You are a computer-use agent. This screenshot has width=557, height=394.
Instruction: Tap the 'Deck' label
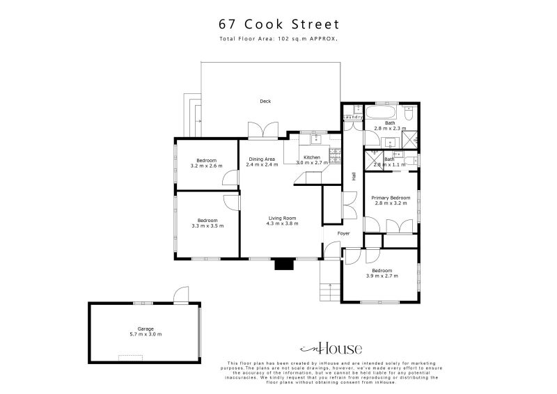[x=265, y=102]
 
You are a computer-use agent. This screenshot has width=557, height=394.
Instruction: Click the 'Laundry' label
[x=353, y=117]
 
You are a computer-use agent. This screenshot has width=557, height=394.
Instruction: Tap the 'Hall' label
[x=354, y=177]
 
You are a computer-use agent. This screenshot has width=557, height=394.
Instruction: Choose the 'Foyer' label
[x=344, y=233]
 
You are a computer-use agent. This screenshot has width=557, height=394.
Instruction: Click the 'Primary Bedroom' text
[x=391, y=198]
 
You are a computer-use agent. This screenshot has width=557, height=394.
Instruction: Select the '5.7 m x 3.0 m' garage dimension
[x=146, y=334]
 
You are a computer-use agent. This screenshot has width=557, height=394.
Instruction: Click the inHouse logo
[x=329, y=349]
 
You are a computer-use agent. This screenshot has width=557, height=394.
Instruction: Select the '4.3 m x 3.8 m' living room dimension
[x=283, y=224]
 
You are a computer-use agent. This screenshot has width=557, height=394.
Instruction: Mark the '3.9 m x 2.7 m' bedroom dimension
[x=381, y=276]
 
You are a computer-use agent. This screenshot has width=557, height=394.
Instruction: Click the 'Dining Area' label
[x=262, y=159]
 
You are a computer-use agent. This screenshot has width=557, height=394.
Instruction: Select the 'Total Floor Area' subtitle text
[x=278, y=40]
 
